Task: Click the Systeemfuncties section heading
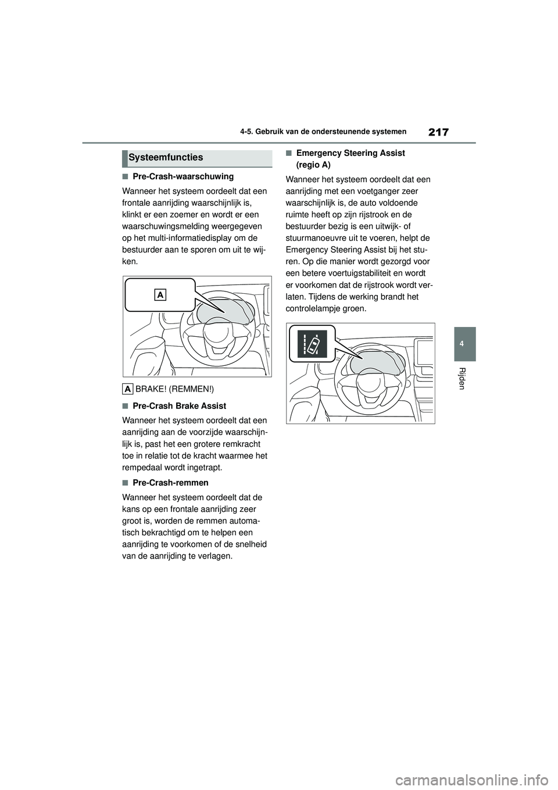click(x=166, y=158)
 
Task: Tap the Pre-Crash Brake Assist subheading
click(x=180, y=405)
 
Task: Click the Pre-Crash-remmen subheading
click(x=170, y=482)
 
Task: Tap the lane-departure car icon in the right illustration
click(x=312, y=343)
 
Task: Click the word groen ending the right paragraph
click(x=354, y=308)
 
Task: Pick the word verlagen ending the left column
click(x=216, y=556)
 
